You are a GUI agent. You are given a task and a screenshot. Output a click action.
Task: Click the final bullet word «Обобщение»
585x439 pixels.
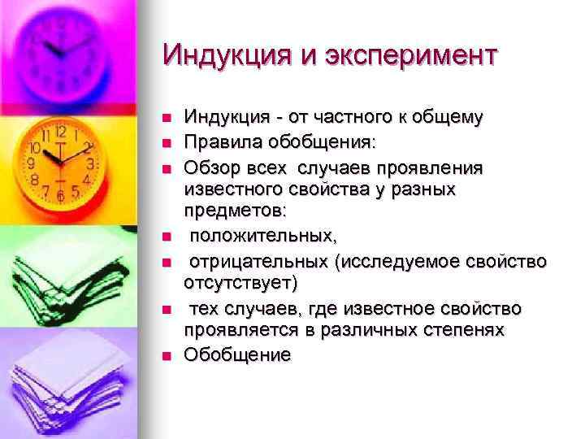(236, 355)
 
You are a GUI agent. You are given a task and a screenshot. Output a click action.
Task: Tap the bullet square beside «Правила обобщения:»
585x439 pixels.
(167, 143)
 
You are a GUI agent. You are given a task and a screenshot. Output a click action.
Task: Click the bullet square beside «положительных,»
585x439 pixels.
(167, 237)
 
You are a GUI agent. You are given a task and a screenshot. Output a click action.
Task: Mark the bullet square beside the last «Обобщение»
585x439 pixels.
(167, 356)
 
